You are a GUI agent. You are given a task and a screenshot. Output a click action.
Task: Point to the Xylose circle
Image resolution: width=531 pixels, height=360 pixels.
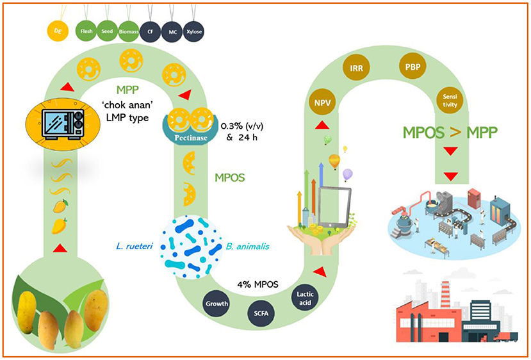pos(192,29)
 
